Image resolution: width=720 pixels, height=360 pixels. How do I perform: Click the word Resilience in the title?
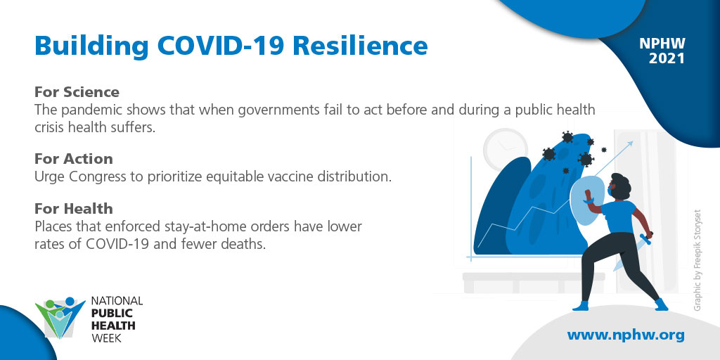(360, 46)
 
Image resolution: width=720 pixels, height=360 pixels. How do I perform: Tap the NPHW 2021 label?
(662, 51)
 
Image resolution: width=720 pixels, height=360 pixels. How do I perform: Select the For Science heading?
(77, 92)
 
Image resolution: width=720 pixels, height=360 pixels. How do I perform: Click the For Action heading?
(73, 159)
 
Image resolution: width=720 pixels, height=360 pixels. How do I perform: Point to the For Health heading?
(73, 209)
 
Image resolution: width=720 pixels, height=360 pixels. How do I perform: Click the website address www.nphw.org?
(625, 335)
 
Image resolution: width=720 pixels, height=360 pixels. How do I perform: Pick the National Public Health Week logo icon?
(60, 318)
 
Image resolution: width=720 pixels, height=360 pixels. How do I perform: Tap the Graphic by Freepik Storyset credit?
(697, 260)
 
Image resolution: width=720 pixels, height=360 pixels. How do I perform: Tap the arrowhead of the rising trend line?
(629, 144)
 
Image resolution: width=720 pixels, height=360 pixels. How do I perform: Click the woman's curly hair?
(620, 186)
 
